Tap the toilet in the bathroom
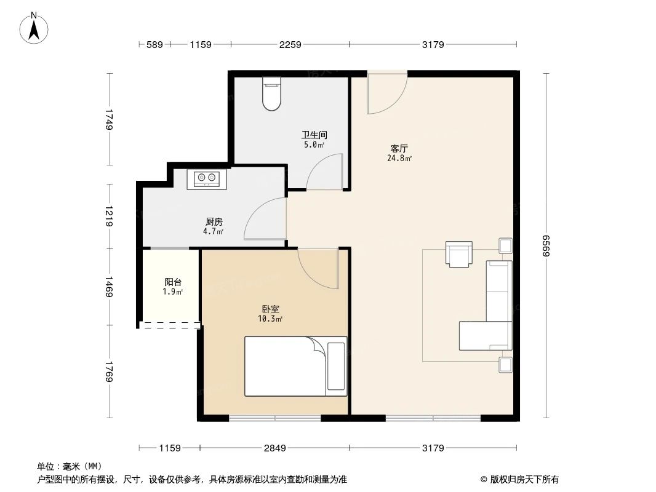point(271,93)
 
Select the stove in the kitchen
point(207,179)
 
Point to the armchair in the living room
point(459,254)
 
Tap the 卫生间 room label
point(313,135)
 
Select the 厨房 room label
point(214,222)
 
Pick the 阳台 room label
point(172,282)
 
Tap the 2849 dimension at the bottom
point(275,448)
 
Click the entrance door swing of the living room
point(386,93)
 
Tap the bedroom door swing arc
point(318,268)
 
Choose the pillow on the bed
point(337,366)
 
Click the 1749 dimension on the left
point(110,119)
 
